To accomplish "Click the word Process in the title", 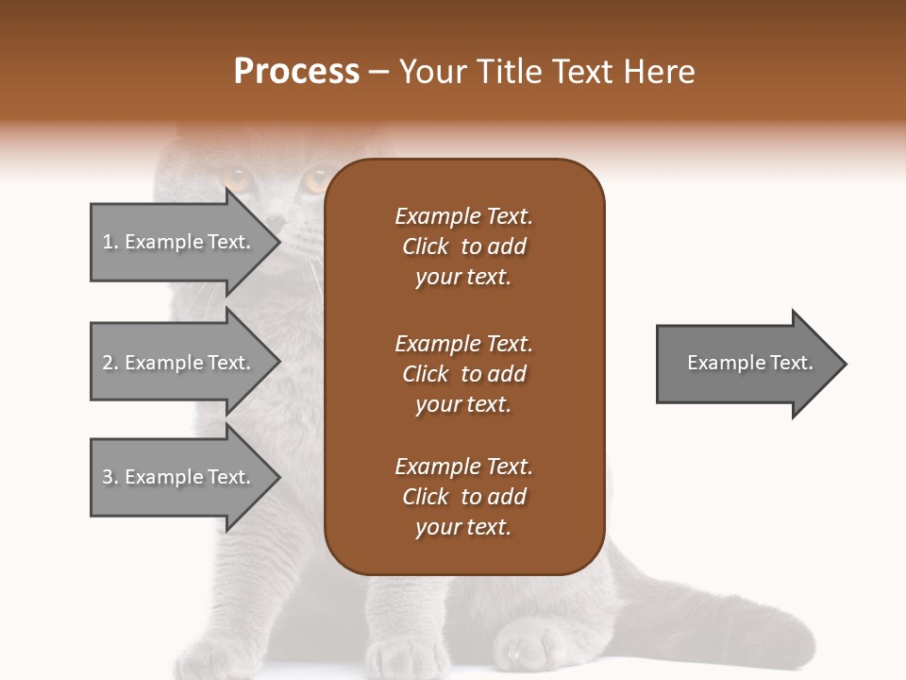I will click(x=296, y=72).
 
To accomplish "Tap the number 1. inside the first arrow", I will click(x=110, y=242).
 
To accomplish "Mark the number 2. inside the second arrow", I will click(x=110, y=363).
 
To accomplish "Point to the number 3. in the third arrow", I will click(x=110, y=477).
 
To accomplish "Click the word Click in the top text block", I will click(x=426, y=246).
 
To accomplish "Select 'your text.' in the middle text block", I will click(x=463, y=404).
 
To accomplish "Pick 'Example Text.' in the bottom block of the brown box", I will click(x=463, y=467).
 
